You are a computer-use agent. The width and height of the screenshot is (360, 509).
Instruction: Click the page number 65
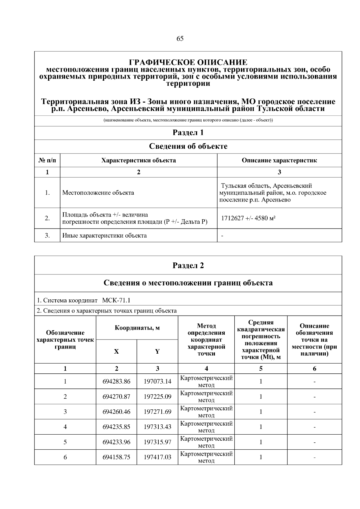pos(180,39)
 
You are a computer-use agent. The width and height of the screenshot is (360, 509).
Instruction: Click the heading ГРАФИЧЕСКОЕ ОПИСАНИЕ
pos(188,62)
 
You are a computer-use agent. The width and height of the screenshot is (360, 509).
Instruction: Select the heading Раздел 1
pos(188,133)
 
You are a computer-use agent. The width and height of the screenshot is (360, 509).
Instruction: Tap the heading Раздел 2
pos(188,265)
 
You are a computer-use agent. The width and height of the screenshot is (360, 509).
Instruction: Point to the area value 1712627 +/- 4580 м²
pos(248,218)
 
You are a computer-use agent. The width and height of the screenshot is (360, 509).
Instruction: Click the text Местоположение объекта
pos(98,193)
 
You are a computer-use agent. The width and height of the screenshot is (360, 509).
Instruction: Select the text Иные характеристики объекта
pos(104,235)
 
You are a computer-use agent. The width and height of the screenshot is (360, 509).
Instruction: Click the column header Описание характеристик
pos(279,160)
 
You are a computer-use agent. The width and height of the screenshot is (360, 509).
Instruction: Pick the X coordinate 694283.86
pos(116,382)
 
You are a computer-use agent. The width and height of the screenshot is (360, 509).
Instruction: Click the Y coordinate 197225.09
pos(157,397)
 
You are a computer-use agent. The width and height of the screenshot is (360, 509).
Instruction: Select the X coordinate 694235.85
pos(116,427)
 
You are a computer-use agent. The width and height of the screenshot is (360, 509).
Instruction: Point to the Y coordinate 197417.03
pos(157,457)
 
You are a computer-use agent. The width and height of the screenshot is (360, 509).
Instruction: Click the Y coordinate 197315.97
pos(157,442)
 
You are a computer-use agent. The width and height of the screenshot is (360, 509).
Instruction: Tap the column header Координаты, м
pos(137,328)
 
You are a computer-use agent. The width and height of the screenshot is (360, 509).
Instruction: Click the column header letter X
pos(116,352)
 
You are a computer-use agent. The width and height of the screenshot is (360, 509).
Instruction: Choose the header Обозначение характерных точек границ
pos(65,340)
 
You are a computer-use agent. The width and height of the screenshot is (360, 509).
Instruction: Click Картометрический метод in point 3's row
pos(206,412)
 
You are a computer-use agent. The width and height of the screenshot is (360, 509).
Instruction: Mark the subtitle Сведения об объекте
pos(188,146)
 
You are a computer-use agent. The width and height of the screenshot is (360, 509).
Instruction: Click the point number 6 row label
pos(65,457)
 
